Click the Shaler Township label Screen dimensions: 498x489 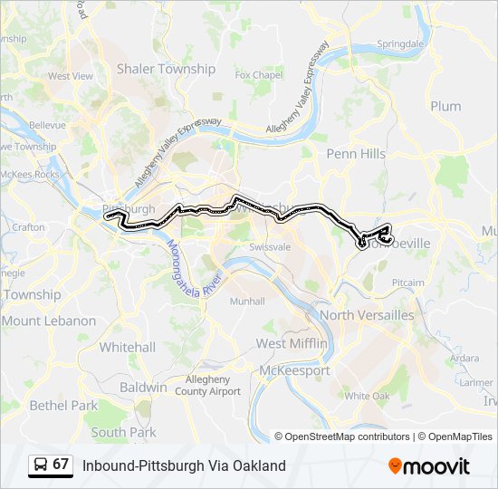tap(166, 69)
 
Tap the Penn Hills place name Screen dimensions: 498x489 tap(356, 154)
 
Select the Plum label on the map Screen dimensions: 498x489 tap(445, 106)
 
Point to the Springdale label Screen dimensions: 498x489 tap(400, 43)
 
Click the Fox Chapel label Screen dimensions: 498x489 tap(259, 75)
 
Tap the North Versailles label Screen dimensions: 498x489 tap(367, 315)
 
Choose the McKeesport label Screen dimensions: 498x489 tap(294, 370)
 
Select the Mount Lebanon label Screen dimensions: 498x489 tap(48, 321)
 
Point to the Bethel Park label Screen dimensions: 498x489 tap(63, 406)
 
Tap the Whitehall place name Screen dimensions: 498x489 tap(128, 347)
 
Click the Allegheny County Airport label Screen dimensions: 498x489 tap(214, 385)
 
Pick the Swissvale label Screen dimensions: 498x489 tap(269, 246)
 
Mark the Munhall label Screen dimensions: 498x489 tap(247, 302)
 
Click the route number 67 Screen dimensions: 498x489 tap(61, 464)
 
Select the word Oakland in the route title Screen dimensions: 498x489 tap(260, 465)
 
